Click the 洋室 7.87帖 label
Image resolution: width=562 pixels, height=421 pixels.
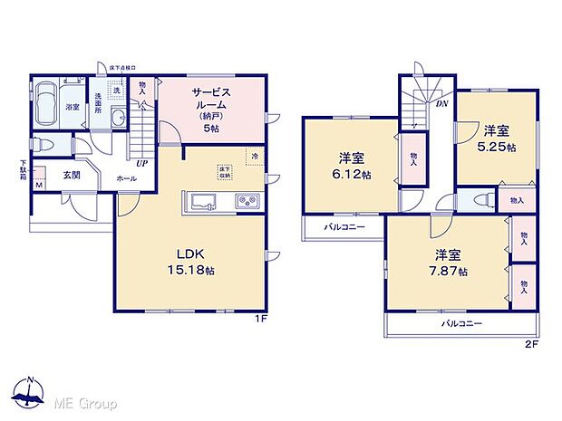tap(451, 263)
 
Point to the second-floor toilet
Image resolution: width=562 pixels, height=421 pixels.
tap(481, 201)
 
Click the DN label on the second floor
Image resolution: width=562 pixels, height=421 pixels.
tap(441, 103)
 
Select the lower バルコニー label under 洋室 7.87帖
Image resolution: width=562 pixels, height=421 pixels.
tap(461, 323)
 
